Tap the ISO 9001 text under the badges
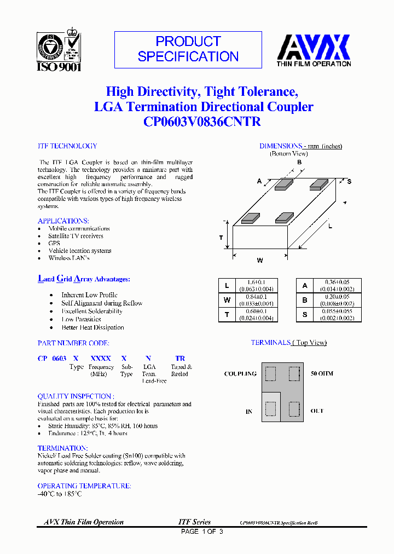point(59,67)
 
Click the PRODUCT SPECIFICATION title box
point(188,49)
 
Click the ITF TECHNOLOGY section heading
point(67,146)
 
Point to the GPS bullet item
point(54,243)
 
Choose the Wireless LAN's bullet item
point(69,258)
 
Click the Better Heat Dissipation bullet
point(92,327)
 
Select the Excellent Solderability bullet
point(91,311)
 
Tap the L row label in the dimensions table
point(227,286)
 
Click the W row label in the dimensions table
point(227,299)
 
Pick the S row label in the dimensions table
point(305,314)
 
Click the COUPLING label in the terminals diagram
point(240,374)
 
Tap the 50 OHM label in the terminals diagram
point(322,373)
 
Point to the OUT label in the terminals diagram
point(317,411)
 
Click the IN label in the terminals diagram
point(249,411)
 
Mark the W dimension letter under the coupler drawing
point(260,261)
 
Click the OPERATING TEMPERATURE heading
point(84,486)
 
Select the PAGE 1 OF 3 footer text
point(202,532)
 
